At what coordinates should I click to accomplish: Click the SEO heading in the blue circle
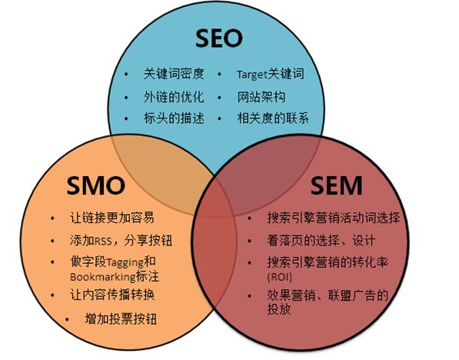coord(219,38)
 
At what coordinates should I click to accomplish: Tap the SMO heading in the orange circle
coord(96,185)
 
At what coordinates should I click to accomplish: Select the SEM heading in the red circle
coord(336,185)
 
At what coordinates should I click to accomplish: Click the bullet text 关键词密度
coord(174,74)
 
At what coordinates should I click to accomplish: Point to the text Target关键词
coord(270,74)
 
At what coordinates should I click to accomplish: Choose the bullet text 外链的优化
coord(174,97)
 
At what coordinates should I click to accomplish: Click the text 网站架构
coord(261,97)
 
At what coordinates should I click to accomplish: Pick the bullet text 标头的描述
coord(174,118)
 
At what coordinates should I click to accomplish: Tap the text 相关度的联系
coord(273,118)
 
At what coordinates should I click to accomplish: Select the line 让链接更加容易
coord(112,218)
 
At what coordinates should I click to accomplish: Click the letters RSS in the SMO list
coord(103,241)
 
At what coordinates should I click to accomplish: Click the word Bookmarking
coord(102,277)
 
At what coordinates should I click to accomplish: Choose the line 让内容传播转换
coord(112,295)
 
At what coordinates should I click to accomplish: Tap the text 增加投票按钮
coord(121,318)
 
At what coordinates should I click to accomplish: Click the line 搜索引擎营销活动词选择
coord(334,218)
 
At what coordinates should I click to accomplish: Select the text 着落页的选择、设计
coord(321,241)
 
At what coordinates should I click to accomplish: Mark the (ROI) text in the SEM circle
coord(280,277)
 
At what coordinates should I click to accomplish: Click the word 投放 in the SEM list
coord(278,308)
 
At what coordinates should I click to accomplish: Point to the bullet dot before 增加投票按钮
coord(68,319)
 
